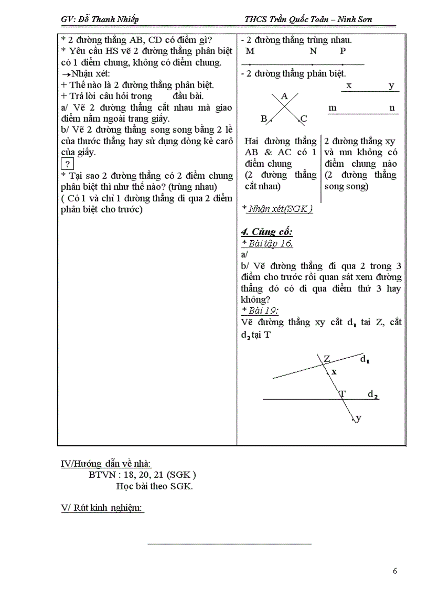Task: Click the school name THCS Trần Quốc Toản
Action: click(287, 19)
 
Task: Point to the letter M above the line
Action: click(250, 51)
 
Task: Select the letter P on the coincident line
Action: click(343, 51)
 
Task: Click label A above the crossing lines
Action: click(285, 96)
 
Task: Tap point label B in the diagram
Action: click(264, 119)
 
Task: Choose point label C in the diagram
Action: click(304, 119)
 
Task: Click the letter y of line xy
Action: click(391, 86)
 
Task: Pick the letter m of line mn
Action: click(332, 108)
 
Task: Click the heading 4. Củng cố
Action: click(266, 232)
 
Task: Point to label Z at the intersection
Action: click(327, 359)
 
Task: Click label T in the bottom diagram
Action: click(343, 393)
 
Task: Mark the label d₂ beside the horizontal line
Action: click(372, 394)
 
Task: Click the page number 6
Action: click(395, 571)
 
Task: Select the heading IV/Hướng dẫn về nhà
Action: click(106, 464)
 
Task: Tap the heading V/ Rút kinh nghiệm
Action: click(102, 508)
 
